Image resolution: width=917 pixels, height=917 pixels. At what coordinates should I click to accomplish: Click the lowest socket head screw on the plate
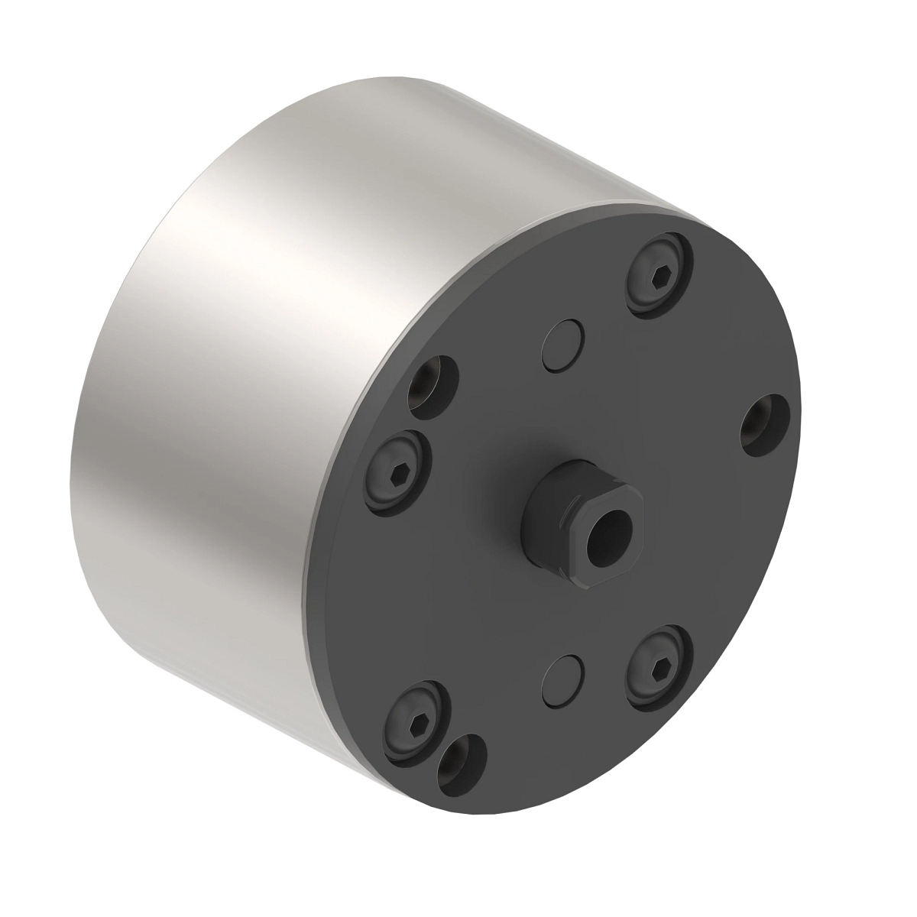point(413,721)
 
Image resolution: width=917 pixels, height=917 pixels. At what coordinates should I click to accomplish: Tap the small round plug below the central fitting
point(563,676)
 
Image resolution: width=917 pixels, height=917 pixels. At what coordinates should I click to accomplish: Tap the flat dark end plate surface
point(688,550)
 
